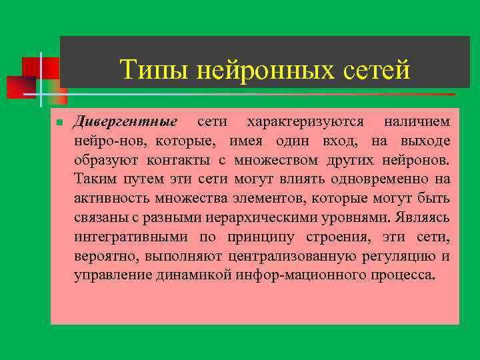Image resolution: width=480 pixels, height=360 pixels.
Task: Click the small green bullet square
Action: click(x=59, y=123)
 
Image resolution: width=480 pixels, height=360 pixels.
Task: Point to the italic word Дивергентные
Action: click(x=125, y=123)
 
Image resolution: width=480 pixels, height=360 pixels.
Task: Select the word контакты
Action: click(x=181, y=161)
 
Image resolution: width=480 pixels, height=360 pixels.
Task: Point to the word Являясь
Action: click(x=422, y=217)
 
